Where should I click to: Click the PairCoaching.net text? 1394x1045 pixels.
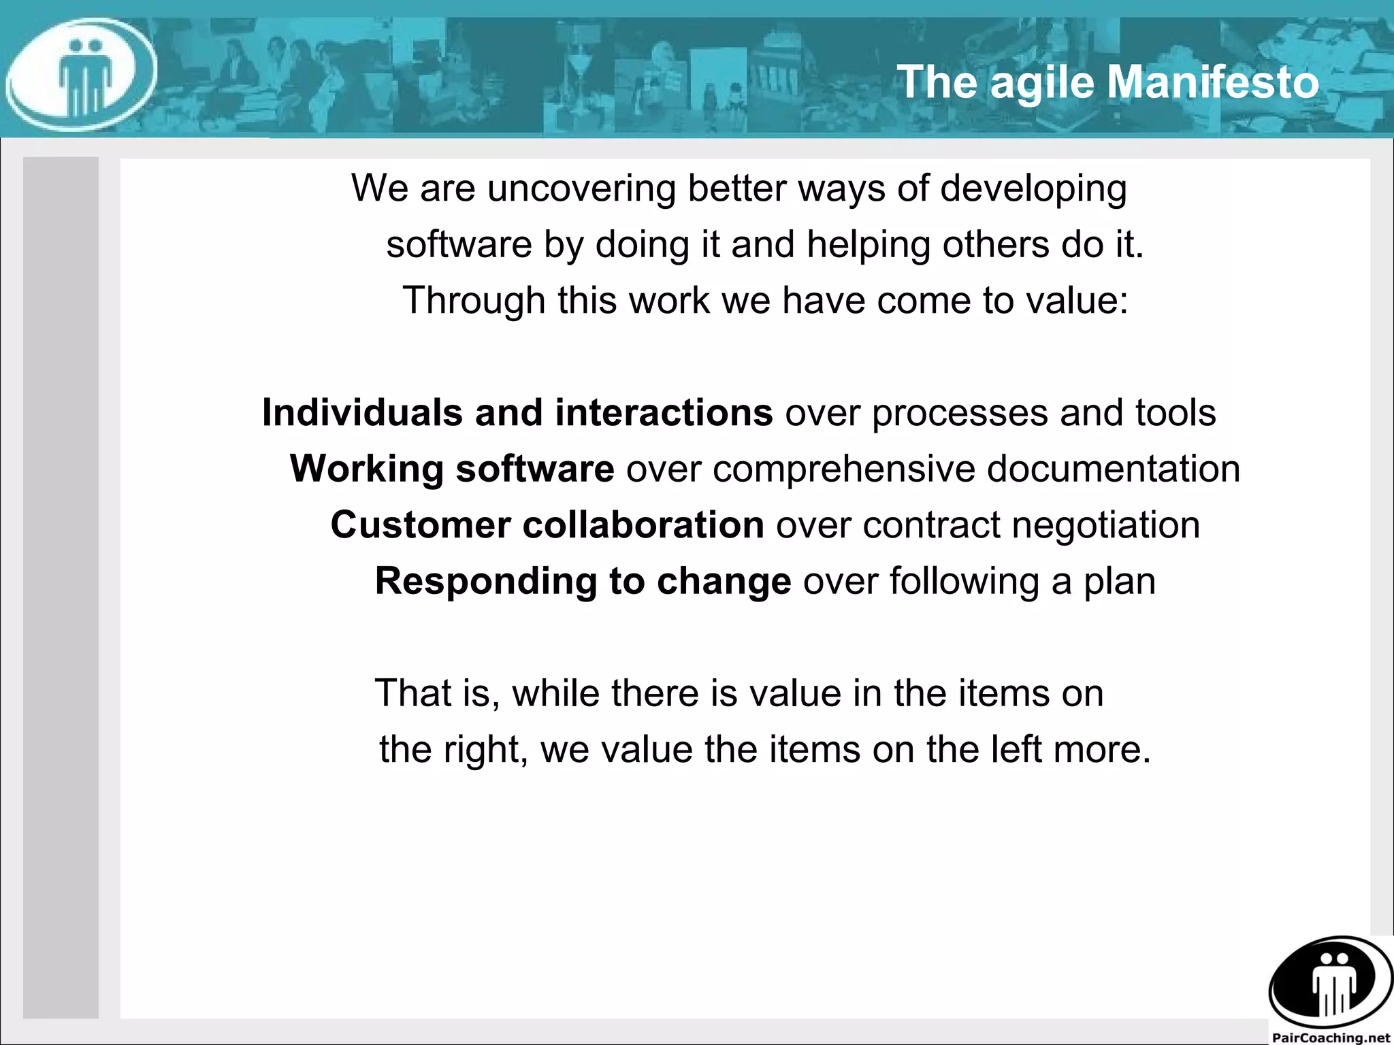(x=1330, y=1037)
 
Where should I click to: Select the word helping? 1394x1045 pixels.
(x=868, y=246)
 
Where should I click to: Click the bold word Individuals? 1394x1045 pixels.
(x=362, y=413)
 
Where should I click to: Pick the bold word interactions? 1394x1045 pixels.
(x=664, y=413)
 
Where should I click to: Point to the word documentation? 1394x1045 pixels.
(x=1113, y=469)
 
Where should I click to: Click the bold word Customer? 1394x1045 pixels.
(x=420, y=525)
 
